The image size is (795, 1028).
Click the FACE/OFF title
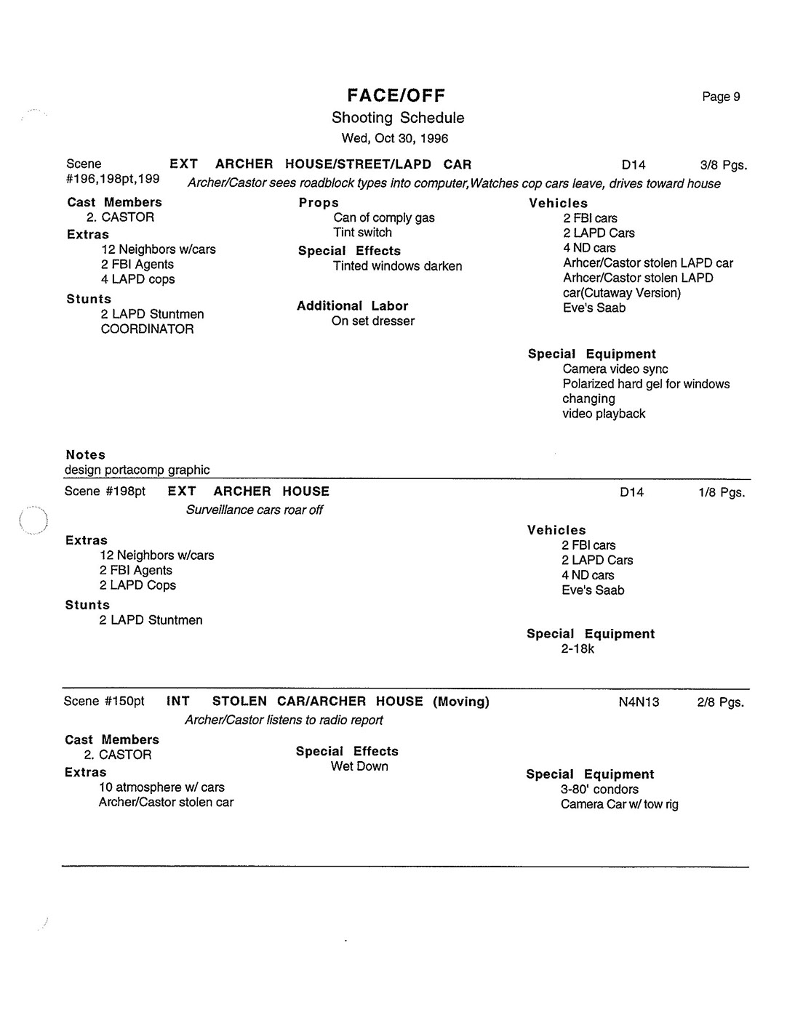tap(396, 95)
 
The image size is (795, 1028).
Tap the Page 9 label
tap(721, 97)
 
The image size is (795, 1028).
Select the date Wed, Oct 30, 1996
tap(395, 138)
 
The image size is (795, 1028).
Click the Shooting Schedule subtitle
tap(397, 118)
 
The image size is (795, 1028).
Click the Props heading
tap(319, 203)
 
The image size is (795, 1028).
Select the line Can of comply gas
tap(384, 217)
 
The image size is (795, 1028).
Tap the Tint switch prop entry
tap(362, 233)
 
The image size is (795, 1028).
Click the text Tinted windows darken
tap(397, 266)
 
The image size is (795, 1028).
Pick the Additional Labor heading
tap(352, 306)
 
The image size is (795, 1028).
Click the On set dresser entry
tap(372, 321)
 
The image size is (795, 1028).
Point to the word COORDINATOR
tap(147, 329)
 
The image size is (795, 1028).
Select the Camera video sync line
tap(615, 369)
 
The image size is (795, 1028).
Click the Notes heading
tap(85, 455)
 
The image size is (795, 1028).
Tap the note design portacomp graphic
tap(137, 470)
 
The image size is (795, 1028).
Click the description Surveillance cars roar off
tap(254, 510)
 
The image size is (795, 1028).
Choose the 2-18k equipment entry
tap(578, 649)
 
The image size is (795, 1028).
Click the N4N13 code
tap(639, 702)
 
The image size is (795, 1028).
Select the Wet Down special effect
tap(359, 766)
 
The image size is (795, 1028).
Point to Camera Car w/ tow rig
tap(619, 805)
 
